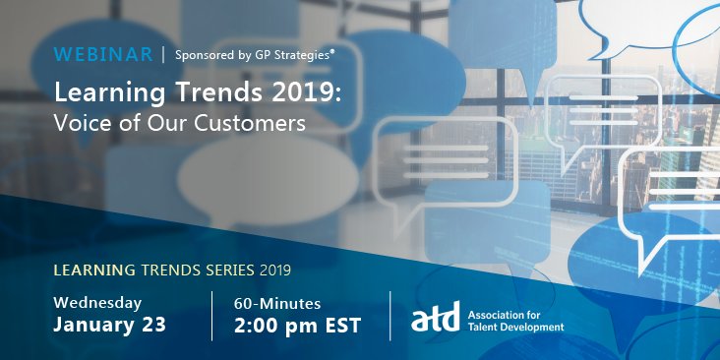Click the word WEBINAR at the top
click(x=102, y=54)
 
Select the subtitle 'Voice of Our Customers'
click(x=180, y=124)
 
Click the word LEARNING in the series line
click(x=95, y=269)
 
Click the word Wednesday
click(x=97, y=302)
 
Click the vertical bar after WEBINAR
click(x=163, y=54)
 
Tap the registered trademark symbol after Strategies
click(x=331, y=50)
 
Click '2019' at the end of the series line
click(x=274, y=269)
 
